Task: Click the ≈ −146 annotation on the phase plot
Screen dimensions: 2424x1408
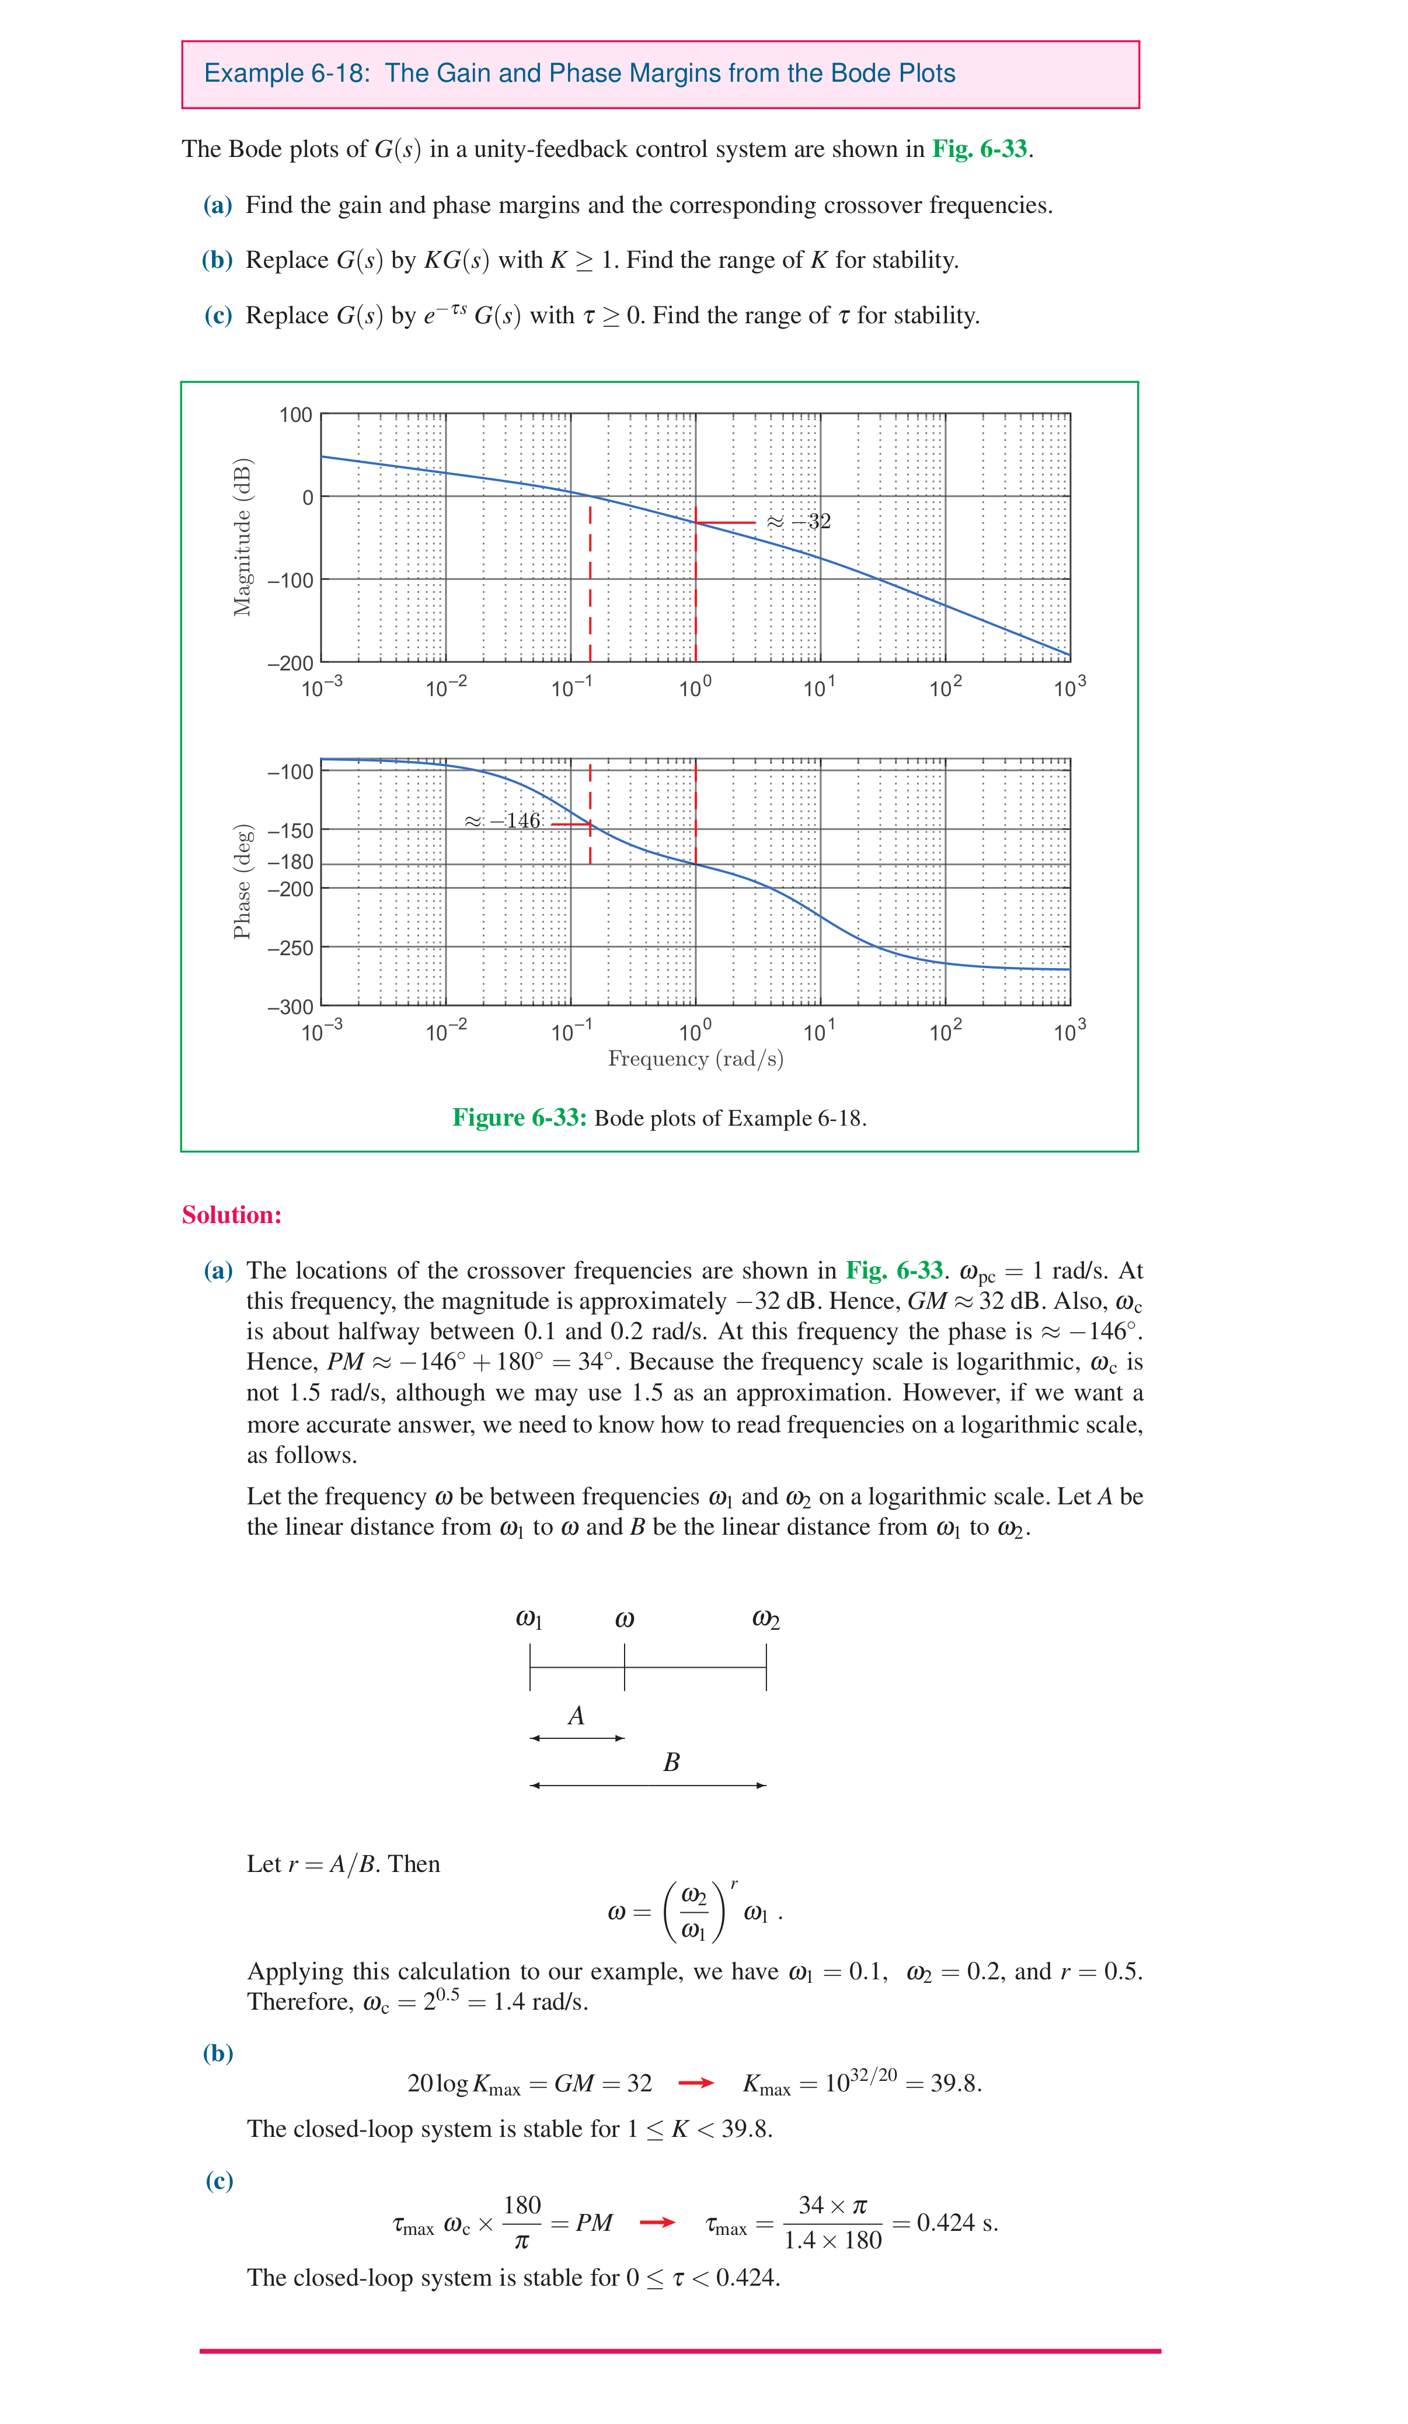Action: tap(503, 820)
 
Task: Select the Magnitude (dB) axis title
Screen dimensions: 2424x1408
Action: tap(242, 537)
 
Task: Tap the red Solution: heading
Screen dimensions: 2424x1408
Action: tap(232, 1215)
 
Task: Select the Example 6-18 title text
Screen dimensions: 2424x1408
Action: tap(579, 74)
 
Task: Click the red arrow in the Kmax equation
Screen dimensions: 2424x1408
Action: tap(696, 2083)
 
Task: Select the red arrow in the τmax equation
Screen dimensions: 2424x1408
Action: tap(657, 2222)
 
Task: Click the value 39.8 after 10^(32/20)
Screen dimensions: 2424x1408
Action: tap(954, 2083)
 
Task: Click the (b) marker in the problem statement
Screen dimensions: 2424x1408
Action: tap(218, 260)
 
